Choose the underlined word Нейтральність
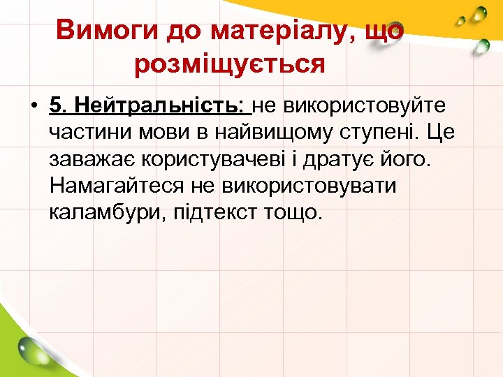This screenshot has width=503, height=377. (160, 106)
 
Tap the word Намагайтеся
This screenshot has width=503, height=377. (119, 186)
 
